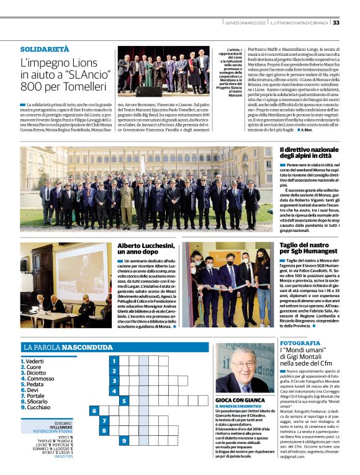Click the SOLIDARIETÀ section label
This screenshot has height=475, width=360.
click(x=45, y=48)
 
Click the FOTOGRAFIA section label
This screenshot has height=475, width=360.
click(x=300, y=343)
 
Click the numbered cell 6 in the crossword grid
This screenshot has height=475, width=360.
click(x=94, y=410)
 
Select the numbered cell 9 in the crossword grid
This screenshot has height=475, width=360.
click(x=124, y=440)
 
